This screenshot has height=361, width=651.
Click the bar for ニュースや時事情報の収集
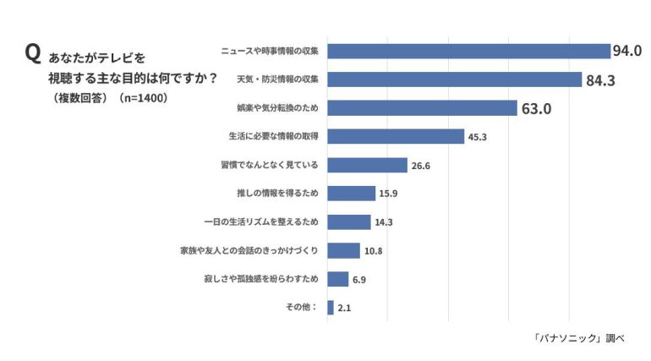pyautogui.click(x=468, y=51)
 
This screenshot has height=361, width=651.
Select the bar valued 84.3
pyautogui.click(x=454, y=79)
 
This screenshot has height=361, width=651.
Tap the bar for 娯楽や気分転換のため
pyautogui.click(x=422, y=107)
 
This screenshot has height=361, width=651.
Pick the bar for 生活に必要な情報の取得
pyautogui.click(x=396, y=136)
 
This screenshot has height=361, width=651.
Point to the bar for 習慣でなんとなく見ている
pyautogui.click(x=367, y=165)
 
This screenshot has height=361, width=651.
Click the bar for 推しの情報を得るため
pyautogui.click(x=351, y=194)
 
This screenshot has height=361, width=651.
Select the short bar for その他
pyautogui.click(x=331, y=308)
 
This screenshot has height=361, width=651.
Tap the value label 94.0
pyautogui.click(x=627, y=51)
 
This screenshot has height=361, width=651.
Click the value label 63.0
pyautogui.click(x=536, y=108)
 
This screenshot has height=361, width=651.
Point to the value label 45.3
pyautogui.click(x=479, y=137)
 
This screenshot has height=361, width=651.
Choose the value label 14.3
pyautogui.click(x=385, y=222)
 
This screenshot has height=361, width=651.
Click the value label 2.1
pyautogui.click(x=344, y=309)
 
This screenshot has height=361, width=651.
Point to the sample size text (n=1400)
pyautogui.click(x=142, y=98)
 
